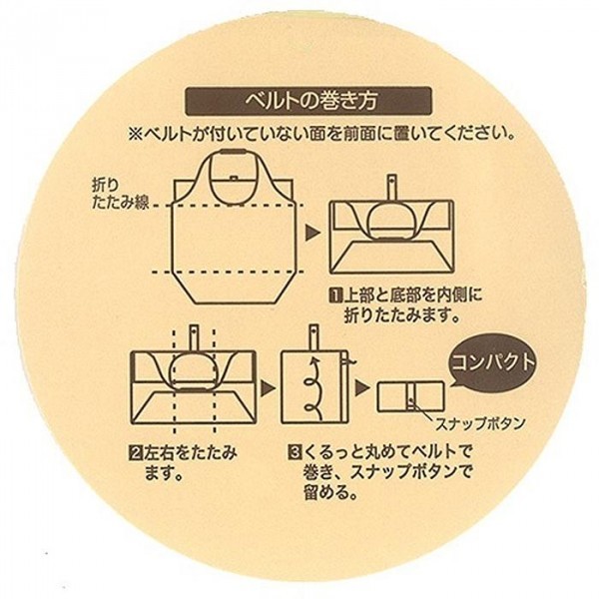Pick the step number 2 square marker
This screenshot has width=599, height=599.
tap(135, 452)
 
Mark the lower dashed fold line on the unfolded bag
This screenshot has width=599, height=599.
tap(230, 272)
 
